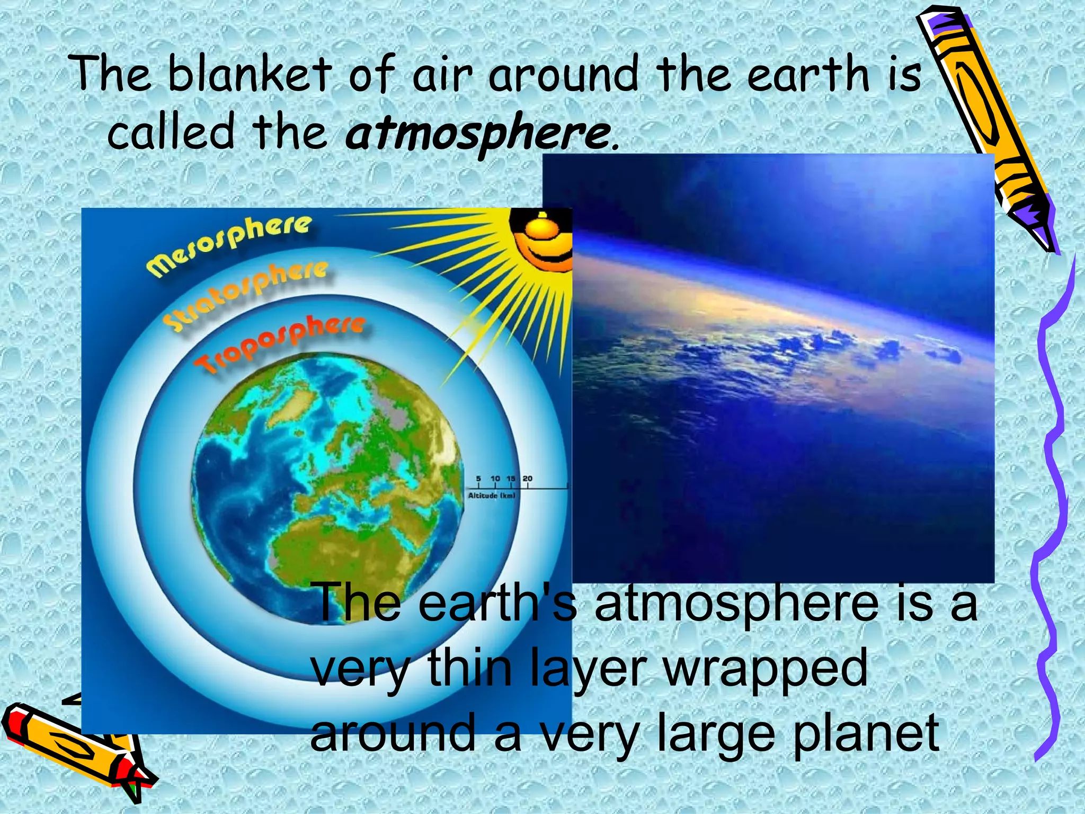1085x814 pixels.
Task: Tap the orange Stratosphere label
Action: [x=245, y=295]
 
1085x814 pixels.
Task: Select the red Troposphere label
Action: [x=279, y=343]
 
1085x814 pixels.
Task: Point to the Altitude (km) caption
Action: [x=491, y=496]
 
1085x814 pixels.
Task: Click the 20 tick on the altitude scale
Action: [x=528, y=479]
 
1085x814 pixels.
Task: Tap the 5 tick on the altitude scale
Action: [x=478, y=479]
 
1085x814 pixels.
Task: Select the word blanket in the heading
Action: [x=249, y=74]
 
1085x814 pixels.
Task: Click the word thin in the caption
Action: [x=469, y=668]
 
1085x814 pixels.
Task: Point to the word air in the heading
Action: [x=442, y=74]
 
